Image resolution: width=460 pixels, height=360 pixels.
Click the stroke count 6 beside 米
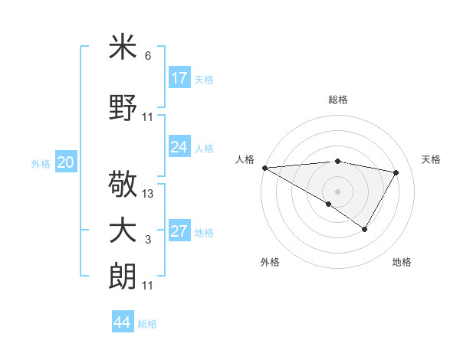coord(148,56)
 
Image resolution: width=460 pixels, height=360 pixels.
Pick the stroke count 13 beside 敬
coord(149,194)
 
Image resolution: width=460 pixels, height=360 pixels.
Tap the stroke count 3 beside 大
coord(148,240)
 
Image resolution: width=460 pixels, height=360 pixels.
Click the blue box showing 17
coord(179,78)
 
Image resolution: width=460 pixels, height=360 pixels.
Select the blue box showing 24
coord(179,147)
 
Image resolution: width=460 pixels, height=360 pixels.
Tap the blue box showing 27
coord(179,231)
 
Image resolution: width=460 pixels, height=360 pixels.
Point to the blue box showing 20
coord(66,162)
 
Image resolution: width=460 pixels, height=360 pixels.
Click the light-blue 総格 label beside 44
coord(147,324)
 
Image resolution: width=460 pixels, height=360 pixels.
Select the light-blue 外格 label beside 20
coord(41,163)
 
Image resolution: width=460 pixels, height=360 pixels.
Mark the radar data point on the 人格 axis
coord(264,168)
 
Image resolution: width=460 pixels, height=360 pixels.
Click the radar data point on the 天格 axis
coord(396,172)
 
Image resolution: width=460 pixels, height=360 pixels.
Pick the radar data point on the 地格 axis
coord(365,229)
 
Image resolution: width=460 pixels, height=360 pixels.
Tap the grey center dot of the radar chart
coord(337,190)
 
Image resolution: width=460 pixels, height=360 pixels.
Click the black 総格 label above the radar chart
coord(337,100)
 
